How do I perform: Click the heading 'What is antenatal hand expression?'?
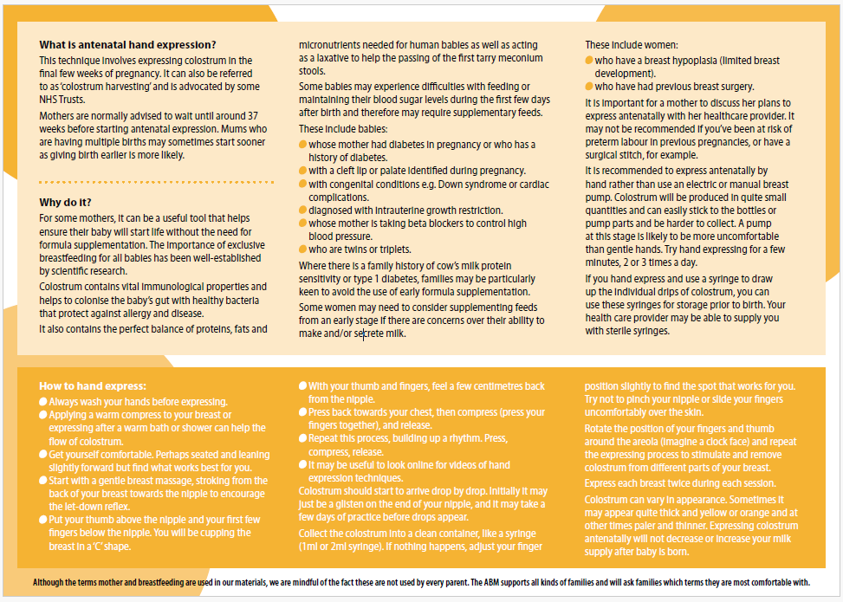coord(127,45)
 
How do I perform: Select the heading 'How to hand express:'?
coord(93,385)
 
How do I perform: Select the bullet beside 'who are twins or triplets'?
coord(302,249)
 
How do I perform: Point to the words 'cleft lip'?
coord(354,172)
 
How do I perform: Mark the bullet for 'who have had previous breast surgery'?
coord(589,87)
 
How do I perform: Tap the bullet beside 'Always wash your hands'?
coord(43,402)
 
